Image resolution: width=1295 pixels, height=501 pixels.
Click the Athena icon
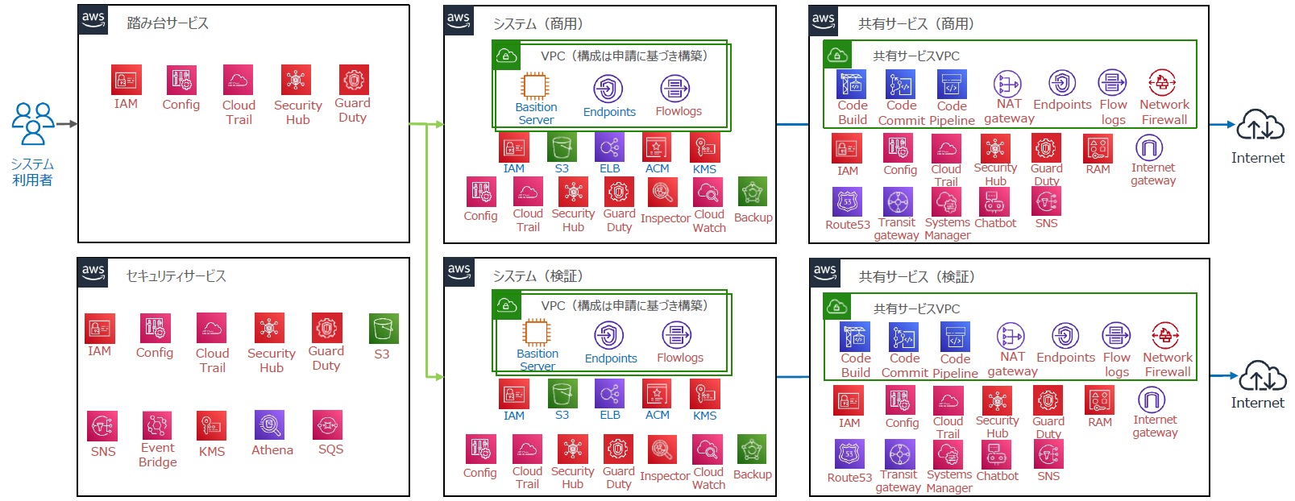[x=269, y=424]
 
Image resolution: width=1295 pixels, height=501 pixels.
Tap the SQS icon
[x=327, y=424]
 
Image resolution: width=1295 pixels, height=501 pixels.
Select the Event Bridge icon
[x=157, y=424]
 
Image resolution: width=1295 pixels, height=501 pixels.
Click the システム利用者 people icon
[x=33, y=123]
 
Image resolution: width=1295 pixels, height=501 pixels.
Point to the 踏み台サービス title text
[x=168, y=23]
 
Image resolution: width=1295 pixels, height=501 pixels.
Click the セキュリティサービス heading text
[x=176, y=276]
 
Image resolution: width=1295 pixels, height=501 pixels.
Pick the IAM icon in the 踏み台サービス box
[x=127, y=80]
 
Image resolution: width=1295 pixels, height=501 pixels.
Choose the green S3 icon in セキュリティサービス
[x=384, y=329]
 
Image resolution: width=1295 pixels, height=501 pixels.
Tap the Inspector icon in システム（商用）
[x=662, y=193]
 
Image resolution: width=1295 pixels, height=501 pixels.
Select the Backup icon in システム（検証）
[x=752, y=449]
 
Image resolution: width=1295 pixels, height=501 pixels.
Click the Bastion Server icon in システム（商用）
[x=535, y=86]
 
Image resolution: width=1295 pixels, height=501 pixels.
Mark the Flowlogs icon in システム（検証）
[x=677, y=335]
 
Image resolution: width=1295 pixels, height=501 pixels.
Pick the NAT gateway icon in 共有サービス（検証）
[x=1011, y=336]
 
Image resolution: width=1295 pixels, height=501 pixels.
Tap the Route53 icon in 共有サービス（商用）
[x=847, y=201]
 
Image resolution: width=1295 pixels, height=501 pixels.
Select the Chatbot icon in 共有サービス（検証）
[x=996, y=454]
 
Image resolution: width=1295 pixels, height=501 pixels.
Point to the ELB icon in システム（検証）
[x=609, y=394]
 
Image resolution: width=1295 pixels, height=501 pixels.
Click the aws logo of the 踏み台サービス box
[x=93, y=19]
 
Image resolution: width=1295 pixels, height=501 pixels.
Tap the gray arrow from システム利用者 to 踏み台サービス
[x=67, y=124]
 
